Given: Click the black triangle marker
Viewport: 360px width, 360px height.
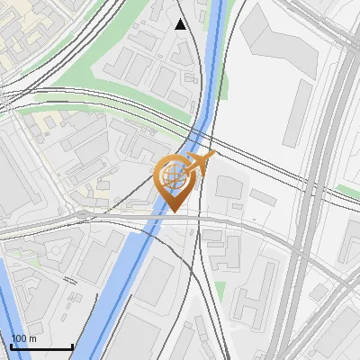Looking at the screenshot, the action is (x=181, y=24).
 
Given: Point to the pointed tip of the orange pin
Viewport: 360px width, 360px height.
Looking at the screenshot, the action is (x=173, y=212).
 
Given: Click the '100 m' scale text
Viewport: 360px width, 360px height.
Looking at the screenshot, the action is (x=23, y=338).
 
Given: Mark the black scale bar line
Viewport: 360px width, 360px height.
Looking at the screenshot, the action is (x=41, y=347).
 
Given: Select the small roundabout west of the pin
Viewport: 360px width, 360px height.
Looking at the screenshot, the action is (x=83, y=214).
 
